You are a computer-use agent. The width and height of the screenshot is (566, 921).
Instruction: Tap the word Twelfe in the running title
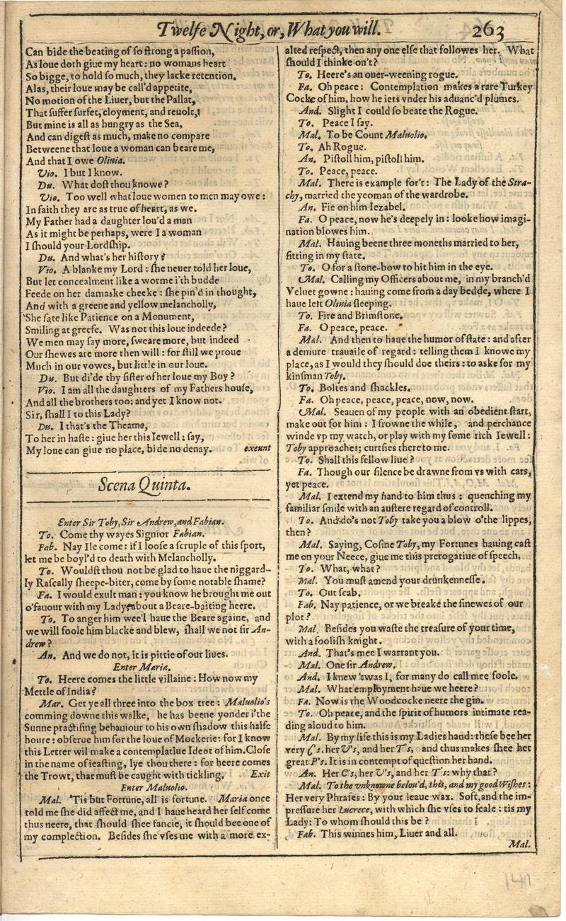tap(183, 30)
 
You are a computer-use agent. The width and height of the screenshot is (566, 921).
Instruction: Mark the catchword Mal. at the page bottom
tap(520, 845)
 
